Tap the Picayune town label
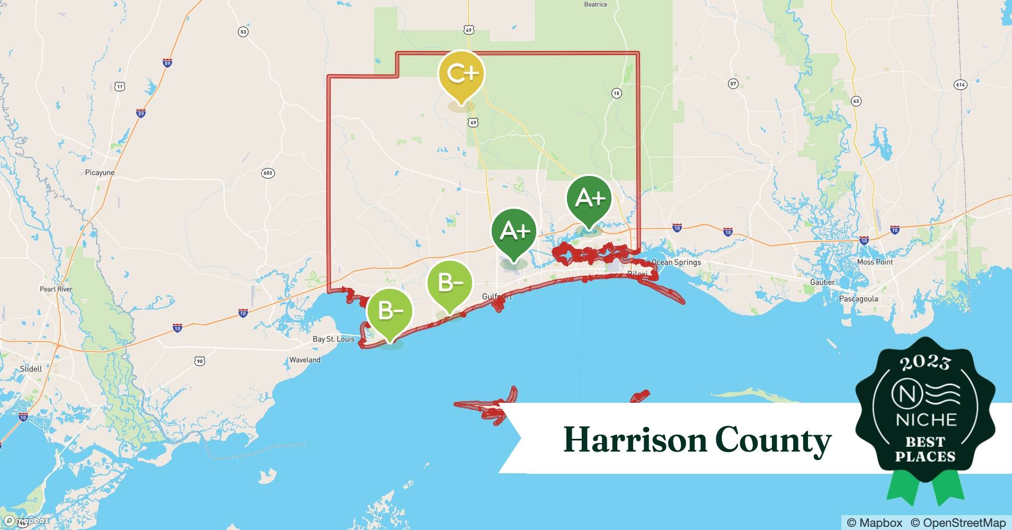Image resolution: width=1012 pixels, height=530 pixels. coord(100,173)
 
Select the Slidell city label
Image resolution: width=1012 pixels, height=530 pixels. coord(31,369)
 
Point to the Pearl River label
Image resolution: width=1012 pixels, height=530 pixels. coord(56,289)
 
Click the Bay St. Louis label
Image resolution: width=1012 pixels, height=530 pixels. coord(333,339)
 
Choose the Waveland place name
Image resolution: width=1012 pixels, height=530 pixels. coord(305,360)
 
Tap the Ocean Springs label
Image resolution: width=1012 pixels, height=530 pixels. coord(676,262)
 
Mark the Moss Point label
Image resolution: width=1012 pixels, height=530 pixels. coord(875,262)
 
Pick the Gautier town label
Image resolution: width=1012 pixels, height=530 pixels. coord(822,282)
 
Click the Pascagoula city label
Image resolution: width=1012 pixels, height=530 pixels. coord(858,299)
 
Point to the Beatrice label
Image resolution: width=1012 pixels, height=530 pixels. coord(596,5)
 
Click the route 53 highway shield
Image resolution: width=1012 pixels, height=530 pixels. coord(243,32)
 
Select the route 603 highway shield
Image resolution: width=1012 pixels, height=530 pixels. coord(268,173)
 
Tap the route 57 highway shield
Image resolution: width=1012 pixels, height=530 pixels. coord(733,84)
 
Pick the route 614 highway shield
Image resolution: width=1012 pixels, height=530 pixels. coord(960,84)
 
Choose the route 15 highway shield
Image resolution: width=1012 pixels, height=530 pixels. coord(616,93)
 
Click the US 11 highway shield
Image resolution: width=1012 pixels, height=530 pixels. coord(120,86)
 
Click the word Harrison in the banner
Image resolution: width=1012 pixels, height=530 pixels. coord(635,440)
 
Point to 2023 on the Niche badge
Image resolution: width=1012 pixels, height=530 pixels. coord(925,363)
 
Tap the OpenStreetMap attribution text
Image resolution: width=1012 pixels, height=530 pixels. coord(958,523)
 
